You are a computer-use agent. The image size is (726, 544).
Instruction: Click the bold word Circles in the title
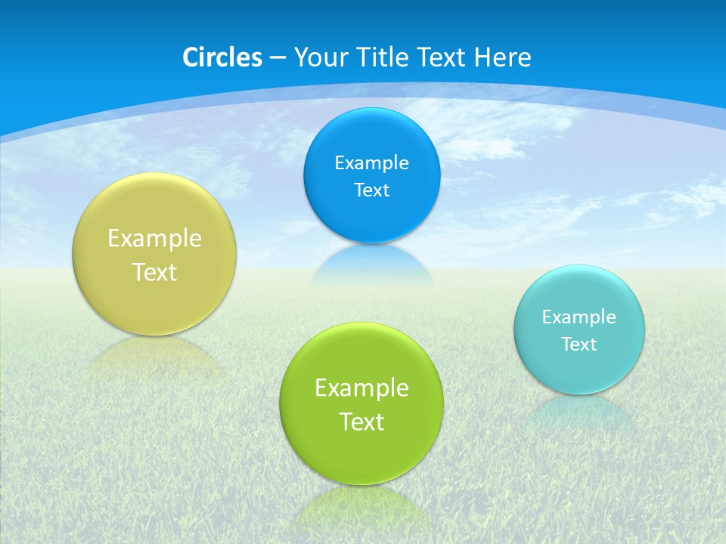click(222, 57)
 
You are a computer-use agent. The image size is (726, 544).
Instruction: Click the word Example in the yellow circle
click(154, 238)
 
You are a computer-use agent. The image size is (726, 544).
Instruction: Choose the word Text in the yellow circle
click(154, 272)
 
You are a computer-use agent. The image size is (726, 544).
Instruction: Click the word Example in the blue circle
click(371, 162)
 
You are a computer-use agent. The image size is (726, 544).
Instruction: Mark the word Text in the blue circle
click(371, 190)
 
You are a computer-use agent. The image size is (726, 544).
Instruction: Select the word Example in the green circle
click(361, 388)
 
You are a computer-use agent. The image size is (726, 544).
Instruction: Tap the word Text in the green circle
click(361, 422)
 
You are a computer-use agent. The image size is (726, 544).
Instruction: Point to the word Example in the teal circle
click(579, 317)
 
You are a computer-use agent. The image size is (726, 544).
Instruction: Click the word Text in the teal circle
click(579, 344)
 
